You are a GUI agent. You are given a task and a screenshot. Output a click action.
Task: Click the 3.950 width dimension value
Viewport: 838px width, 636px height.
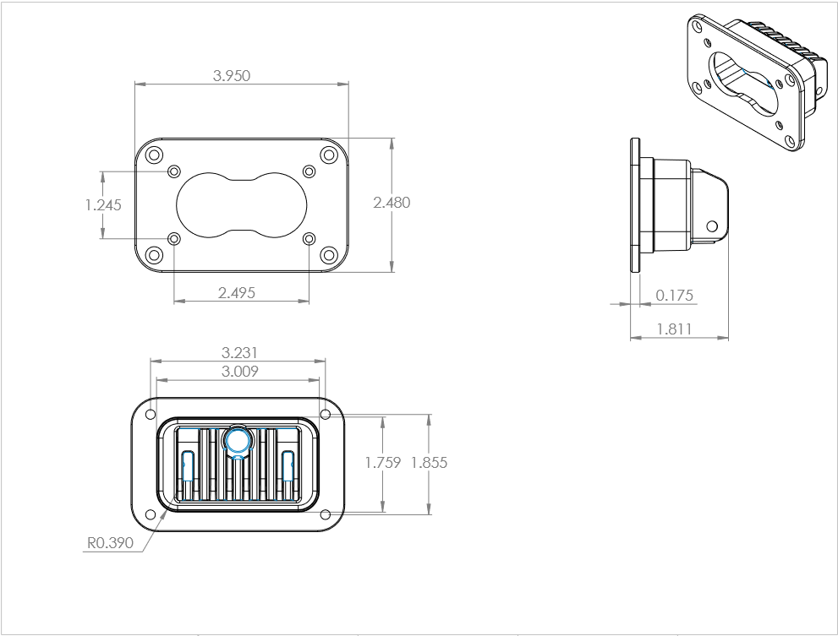pos(232,75)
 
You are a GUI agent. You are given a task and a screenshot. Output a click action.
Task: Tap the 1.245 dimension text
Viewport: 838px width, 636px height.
pos(103,204)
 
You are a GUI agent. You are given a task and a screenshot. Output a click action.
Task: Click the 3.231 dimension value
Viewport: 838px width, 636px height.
pos(239,352)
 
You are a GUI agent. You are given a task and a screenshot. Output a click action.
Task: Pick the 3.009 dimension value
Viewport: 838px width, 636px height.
pos(239,371)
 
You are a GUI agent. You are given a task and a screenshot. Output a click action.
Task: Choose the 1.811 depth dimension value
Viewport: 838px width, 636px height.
pos(674,329)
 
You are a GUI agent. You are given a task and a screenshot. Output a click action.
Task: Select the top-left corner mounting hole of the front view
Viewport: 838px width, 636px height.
pos(154,155)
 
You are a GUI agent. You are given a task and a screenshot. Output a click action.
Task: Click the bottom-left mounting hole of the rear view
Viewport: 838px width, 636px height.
pos(151,514)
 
